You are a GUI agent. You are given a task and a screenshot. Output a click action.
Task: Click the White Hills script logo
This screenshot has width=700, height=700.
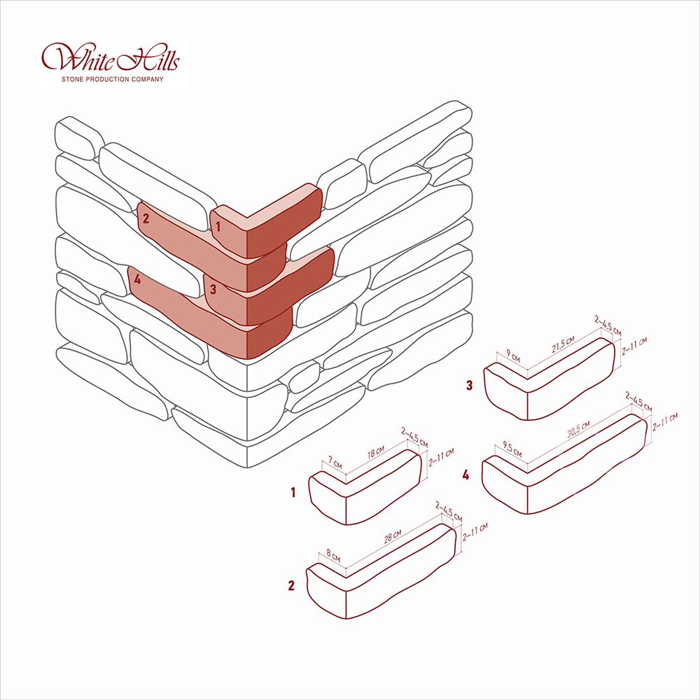point(111,57)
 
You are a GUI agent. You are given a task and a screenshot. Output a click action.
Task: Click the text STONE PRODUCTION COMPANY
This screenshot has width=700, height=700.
point(113,80)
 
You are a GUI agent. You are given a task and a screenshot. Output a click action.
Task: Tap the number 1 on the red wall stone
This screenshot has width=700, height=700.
point(218,227)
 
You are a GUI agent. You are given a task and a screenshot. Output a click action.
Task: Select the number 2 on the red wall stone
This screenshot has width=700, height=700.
point(146,218)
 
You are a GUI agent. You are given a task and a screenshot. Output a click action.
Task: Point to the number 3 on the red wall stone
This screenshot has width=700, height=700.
point(213,289)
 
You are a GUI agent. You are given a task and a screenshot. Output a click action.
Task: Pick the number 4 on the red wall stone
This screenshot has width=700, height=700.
point(137,279)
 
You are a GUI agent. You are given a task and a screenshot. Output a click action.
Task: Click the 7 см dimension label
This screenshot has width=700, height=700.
point(335,462)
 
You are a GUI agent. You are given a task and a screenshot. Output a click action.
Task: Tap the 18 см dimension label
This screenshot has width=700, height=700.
point(375,451)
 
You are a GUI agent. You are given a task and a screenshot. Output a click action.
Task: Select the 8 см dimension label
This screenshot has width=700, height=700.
point(333,555)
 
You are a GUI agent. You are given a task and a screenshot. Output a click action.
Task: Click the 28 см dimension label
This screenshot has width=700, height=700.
point(393,536)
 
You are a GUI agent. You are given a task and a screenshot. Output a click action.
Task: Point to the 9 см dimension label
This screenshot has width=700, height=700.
point(513,357)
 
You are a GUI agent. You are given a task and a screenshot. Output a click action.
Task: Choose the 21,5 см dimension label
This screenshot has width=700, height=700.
point(563,345)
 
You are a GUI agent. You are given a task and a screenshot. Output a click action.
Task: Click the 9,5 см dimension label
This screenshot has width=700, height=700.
point(512,449)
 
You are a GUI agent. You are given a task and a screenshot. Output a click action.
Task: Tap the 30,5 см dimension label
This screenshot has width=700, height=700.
point(578,429)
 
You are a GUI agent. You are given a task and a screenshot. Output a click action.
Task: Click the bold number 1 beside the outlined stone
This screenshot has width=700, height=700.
point(293,492)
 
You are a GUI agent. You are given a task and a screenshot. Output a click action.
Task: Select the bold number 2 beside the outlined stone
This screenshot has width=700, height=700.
point(291,585)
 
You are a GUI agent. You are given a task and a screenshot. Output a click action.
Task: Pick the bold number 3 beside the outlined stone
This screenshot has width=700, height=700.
point(469,385)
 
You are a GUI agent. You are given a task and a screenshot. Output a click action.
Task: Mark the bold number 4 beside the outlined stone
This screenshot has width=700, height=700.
point(465,475)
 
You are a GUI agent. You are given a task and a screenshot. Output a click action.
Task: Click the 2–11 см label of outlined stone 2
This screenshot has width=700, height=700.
point(475,532)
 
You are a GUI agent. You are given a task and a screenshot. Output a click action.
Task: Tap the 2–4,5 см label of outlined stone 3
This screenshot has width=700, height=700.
point(608,325)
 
